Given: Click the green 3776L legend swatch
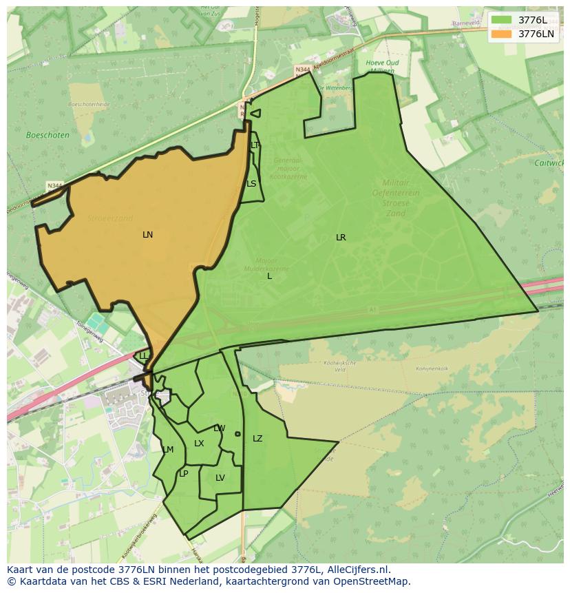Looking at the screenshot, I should (502, 20).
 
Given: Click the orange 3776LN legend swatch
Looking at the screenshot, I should (502, 34).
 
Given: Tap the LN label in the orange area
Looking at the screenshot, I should (147, 235).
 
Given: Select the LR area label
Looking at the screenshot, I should (341, 238).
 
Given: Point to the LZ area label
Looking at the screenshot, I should (257, 439).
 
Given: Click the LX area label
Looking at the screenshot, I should (199, 444).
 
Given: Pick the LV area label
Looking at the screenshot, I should (220, 478).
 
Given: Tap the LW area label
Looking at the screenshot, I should (219, 428).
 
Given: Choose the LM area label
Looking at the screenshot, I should (168, 450).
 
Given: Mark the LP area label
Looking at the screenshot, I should (183, 474).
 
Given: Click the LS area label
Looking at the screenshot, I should (251, 184).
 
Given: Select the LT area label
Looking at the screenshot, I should (255, 145).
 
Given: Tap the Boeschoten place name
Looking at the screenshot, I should (47, 136).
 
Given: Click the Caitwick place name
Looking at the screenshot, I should (549, 163).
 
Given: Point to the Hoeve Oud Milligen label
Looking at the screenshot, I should (382, 67).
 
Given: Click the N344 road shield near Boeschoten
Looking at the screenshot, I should (55, 186).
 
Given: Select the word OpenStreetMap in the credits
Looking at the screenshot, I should (375, 581).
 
